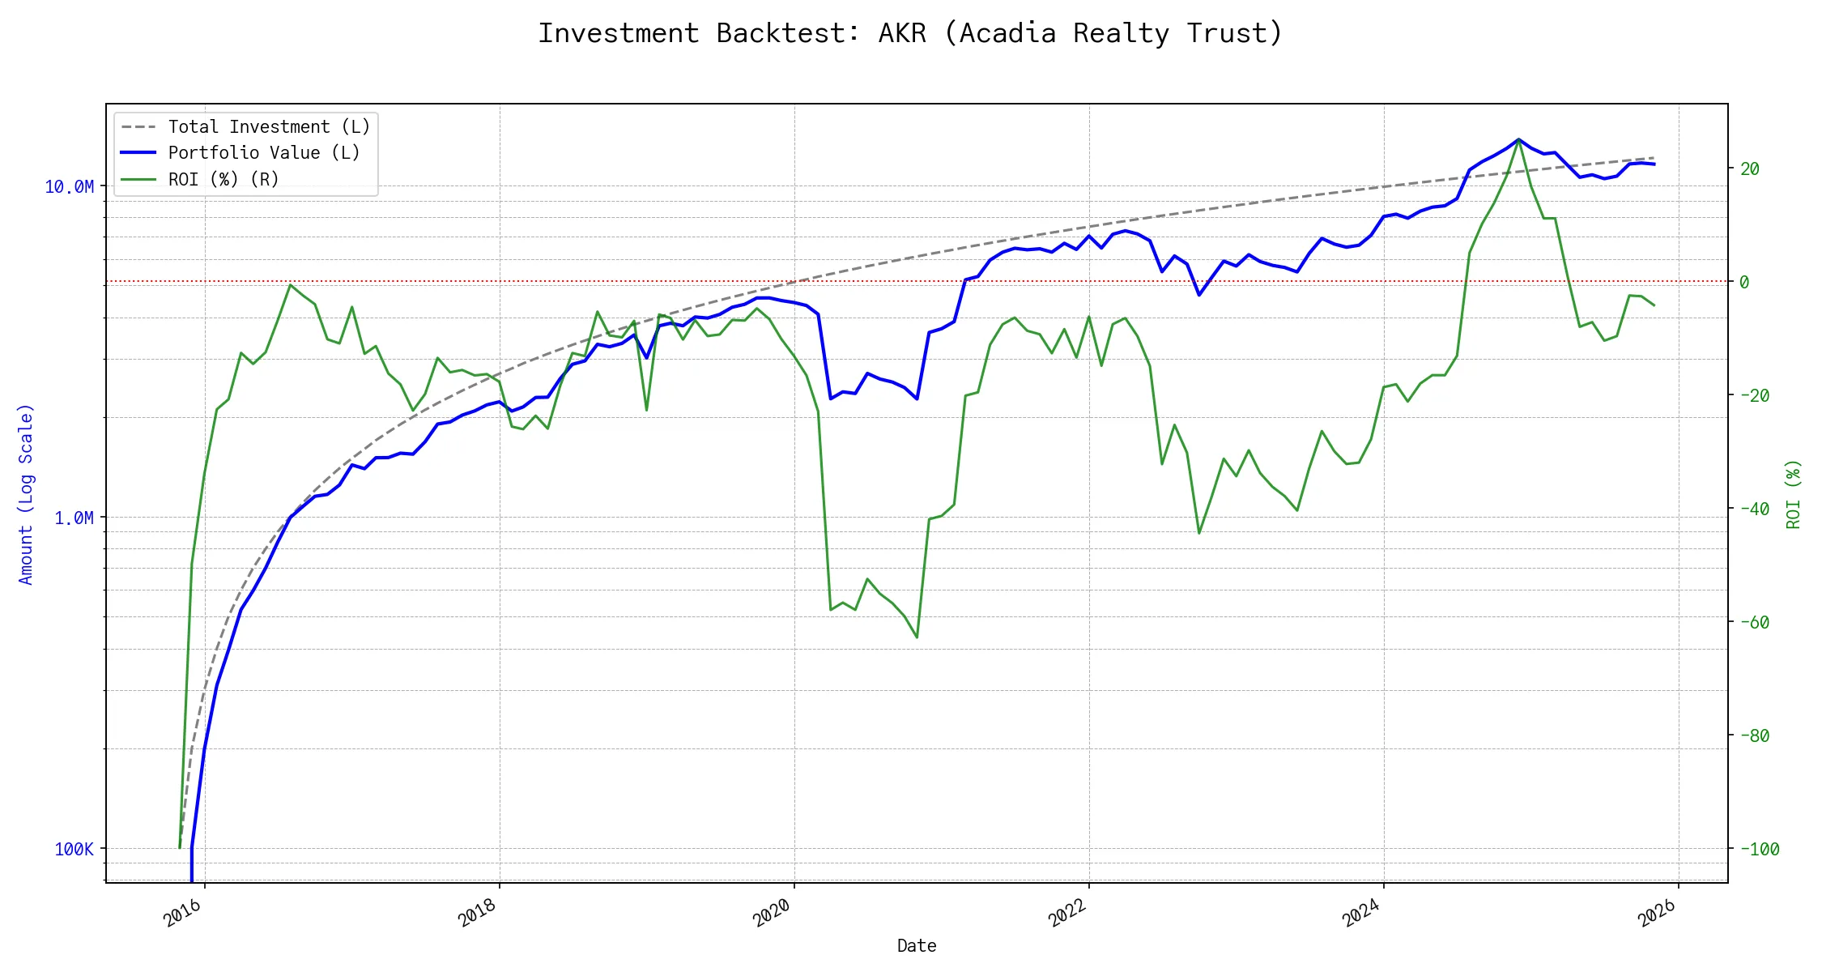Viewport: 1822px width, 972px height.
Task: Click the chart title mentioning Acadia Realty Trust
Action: click(x=910, y=33)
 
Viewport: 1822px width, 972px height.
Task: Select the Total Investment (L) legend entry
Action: click(x=269, y=127)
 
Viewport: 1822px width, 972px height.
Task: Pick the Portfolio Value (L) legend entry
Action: click(x=263, y=153)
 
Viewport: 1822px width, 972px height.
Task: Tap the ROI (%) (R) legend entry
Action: click(x=223, y=179)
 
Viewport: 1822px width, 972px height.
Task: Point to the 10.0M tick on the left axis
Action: click(x=69, y=187)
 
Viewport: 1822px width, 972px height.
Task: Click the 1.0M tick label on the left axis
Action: click(x=74, y=518)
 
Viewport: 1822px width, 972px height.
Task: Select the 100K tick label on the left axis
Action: click(x=74, y=849)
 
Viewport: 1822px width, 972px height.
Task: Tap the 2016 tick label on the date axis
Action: click(x=183, y=913)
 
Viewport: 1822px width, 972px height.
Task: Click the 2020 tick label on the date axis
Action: click(x=772, y=913)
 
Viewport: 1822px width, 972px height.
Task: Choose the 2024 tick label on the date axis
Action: click(x=1361, y=913)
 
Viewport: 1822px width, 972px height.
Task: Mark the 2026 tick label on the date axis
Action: click(x=1656, y=913)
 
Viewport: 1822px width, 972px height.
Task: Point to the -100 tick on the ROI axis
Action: click(x=1759, y=849)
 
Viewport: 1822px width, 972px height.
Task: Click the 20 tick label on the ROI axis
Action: click(x=1750, y=168)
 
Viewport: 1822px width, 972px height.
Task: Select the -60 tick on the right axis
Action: click(x=1754, y=622)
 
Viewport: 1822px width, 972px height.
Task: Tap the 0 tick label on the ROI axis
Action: click(x=1744, y=282)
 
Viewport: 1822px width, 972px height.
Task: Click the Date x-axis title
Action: click(x=917, y=945)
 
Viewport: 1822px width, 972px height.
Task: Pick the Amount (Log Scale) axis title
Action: click(x=26, y=494)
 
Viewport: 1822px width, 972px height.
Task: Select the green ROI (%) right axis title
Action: click(x=1794, y=494)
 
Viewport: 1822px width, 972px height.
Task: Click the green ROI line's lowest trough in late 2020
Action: click(x=917, y=637)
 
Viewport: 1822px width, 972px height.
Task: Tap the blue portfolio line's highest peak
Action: click(x=1518, y=139)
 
